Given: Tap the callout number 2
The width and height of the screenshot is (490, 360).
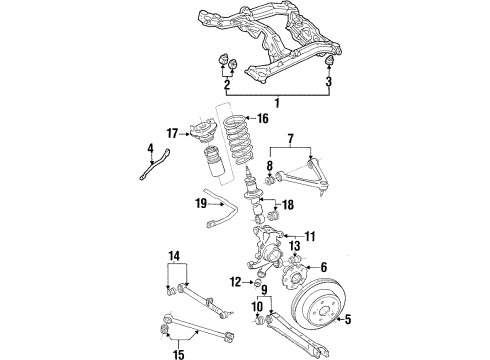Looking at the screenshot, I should [x=226, y=86].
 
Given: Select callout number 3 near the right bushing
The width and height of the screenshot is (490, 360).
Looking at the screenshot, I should [x=331, y=85].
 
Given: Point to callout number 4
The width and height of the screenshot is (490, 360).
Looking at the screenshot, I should [x=151, y=151].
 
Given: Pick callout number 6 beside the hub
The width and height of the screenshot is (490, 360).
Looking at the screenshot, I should [x=324, y=268].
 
